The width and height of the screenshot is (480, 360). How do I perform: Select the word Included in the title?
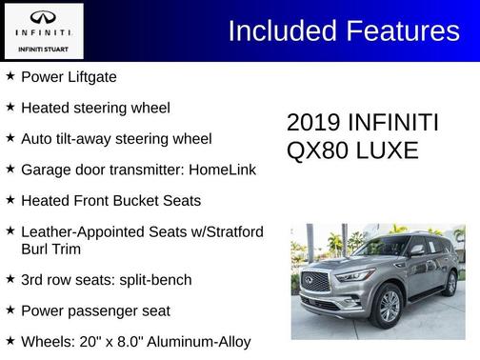coord(275,30)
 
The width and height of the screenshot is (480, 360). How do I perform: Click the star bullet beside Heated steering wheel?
coord(10,108)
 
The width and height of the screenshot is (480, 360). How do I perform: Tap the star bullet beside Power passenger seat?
coord(10,310)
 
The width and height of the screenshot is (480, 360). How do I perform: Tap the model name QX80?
coord(317,150)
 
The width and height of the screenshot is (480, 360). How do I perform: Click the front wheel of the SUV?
coord(389,306)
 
